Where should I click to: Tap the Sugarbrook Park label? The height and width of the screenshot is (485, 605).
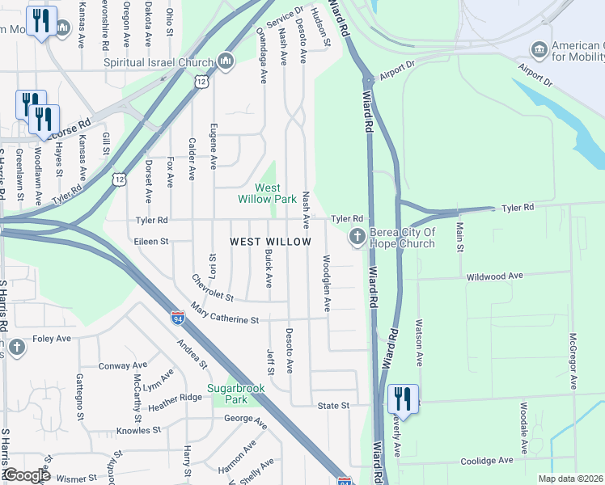click(225, 394)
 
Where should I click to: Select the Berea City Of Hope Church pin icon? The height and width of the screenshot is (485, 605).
click(356, 237)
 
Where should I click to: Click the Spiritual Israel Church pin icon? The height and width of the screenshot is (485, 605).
click(225, 61)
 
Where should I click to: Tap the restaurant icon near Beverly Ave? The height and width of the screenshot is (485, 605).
click(402, 399)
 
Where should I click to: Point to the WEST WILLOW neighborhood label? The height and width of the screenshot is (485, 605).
click(270, 242)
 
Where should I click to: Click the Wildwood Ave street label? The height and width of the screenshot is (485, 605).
click(494, 276)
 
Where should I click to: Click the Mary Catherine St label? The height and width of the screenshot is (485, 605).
click(224, 314)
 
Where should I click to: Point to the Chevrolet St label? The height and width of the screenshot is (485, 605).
click(213, 287)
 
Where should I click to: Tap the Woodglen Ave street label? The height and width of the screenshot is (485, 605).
click(327, 284)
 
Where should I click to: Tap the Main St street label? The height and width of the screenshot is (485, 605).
click(459, 236)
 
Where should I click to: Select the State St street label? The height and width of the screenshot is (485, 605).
click(332, 405)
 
